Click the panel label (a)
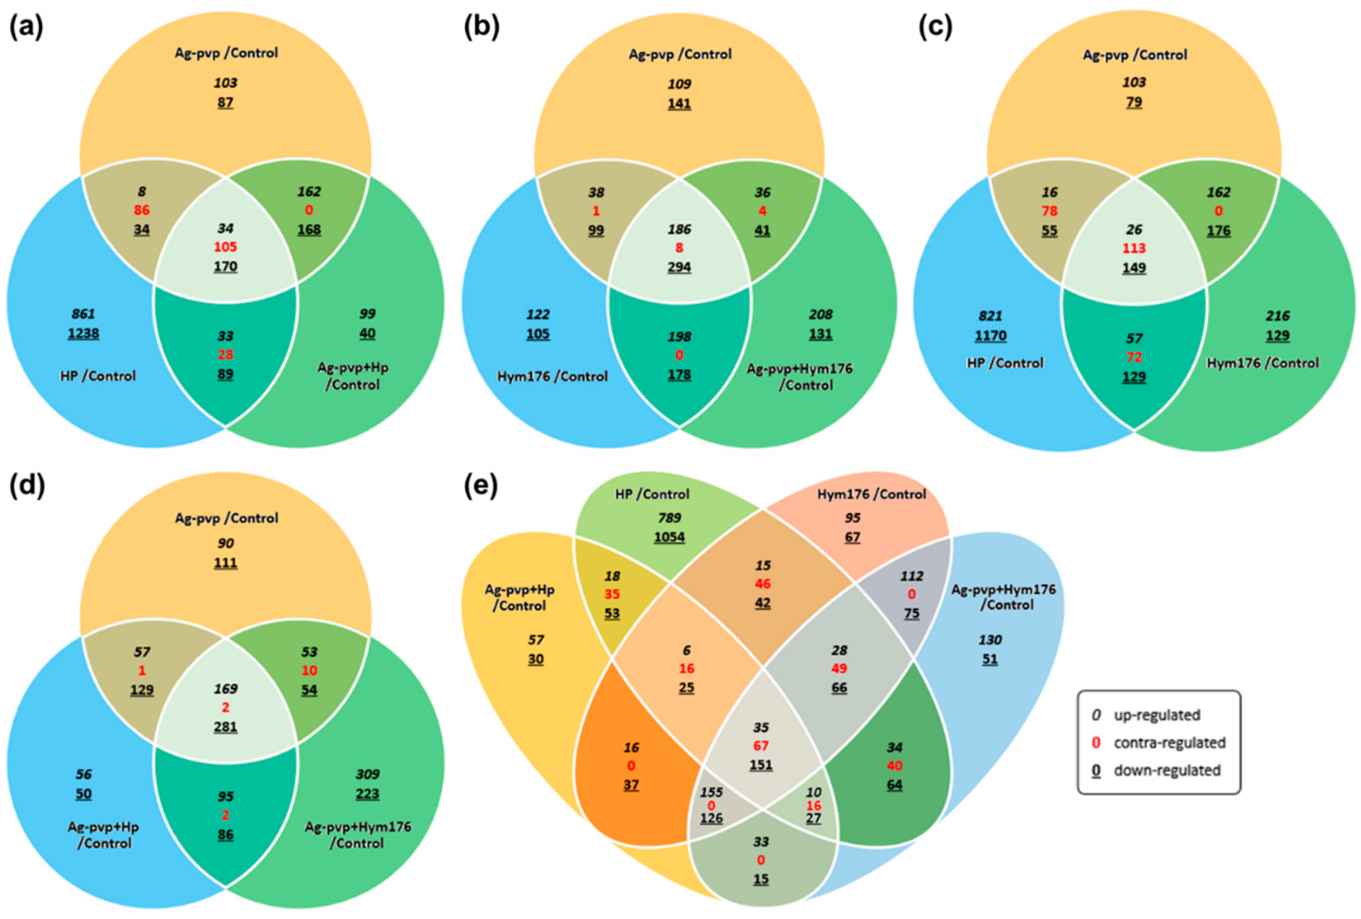(x=26, y=28)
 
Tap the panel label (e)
(x=480, y=486)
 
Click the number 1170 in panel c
(x=990, y=335)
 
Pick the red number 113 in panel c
(x=1134, y=248)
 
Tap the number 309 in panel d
(x=368, y=775)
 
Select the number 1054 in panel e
(x=670, y=537)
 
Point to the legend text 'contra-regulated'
(x=1169, y=742)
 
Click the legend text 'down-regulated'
(x=1167, y=770)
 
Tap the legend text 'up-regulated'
(x=1157, y=715)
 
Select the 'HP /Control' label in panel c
(x=1005, y=363)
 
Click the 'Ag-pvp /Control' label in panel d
(x=226, y=518)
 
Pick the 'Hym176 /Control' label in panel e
(x=871, y=494)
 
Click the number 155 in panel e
(x=711, y=792)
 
